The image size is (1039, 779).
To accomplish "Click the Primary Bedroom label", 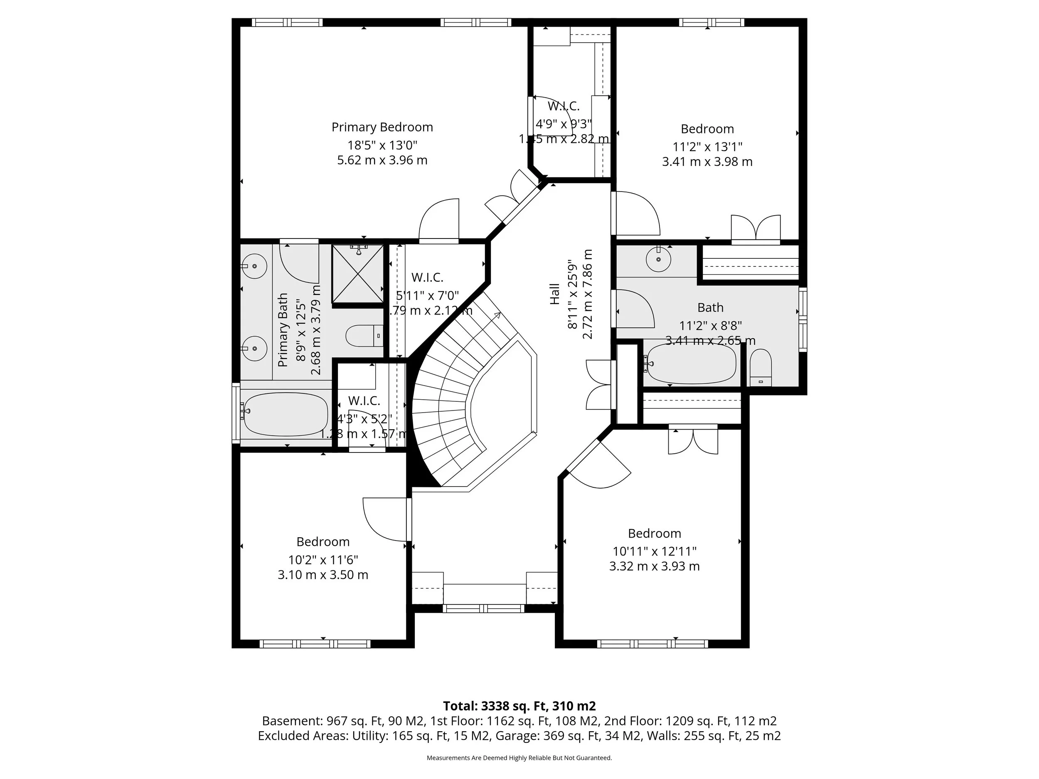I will point(382,127).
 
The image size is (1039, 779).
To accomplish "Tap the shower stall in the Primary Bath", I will point(358,274).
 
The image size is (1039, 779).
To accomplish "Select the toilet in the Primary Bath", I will point(364,336).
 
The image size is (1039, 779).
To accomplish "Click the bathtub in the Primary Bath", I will point(286,414).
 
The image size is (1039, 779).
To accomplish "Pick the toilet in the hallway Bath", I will point(761,368).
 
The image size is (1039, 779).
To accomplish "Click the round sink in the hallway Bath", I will point(659,259).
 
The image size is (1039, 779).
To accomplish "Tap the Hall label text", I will point(555,294).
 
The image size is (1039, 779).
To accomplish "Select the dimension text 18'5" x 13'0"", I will point(382,145).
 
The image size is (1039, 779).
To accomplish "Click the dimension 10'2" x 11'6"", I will point(323,560).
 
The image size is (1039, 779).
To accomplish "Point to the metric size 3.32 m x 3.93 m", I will point(654,566).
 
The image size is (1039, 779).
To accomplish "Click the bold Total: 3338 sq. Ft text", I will point(519,706).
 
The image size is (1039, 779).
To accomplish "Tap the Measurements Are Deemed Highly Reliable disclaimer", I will point(519,758).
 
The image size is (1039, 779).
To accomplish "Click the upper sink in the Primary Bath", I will point(254,266).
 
